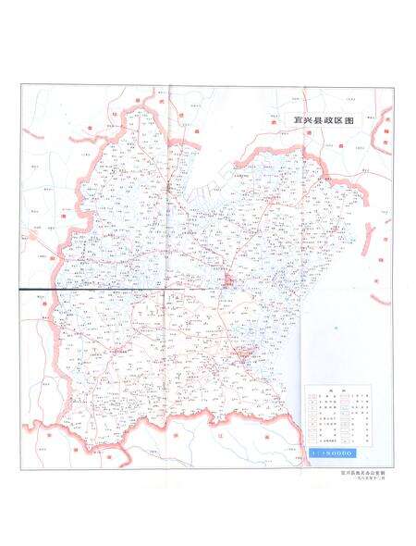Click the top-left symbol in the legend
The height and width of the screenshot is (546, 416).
pos(314,399)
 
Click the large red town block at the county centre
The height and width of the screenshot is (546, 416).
pos(227,280)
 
